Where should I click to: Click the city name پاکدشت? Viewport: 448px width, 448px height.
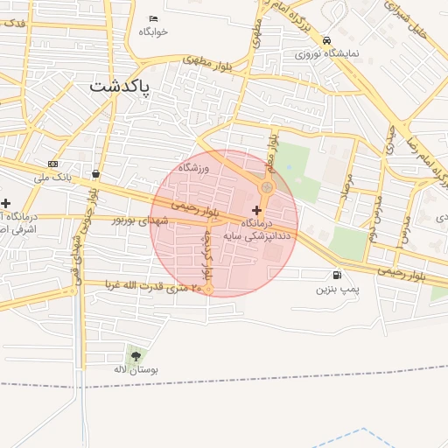tap(120, 87)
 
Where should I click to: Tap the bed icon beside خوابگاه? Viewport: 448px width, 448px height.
tap(153, 19)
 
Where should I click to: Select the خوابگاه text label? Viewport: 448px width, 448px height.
tap(152, 31)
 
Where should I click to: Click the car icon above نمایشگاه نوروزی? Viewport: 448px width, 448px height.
tap(326, 40)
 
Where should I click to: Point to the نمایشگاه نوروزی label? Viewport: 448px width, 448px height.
tap(326, 53)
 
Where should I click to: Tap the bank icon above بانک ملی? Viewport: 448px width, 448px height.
tap(53, 164)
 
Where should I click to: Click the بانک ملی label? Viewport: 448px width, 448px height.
tap(51, 178)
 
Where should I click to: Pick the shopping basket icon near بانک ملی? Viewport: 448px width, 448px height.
tap(95, 173)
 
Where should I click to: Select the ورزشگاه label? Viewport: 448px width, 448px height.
tap(194, 166)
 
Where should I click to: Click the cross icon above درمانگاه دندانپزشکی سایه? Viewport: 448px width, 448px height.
tap(256, 210)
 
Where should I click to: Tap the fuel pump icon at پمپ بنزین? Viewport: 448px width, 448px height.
tap(337, 275)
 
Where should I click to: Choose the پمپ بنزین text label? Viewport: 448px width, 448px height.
tap(336, 288)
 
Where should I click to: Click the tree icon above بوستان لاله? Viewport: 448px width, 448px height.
tap(135, 355)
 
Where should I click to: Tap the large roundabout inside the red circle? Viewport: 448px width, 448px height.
tap(267, 187)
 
